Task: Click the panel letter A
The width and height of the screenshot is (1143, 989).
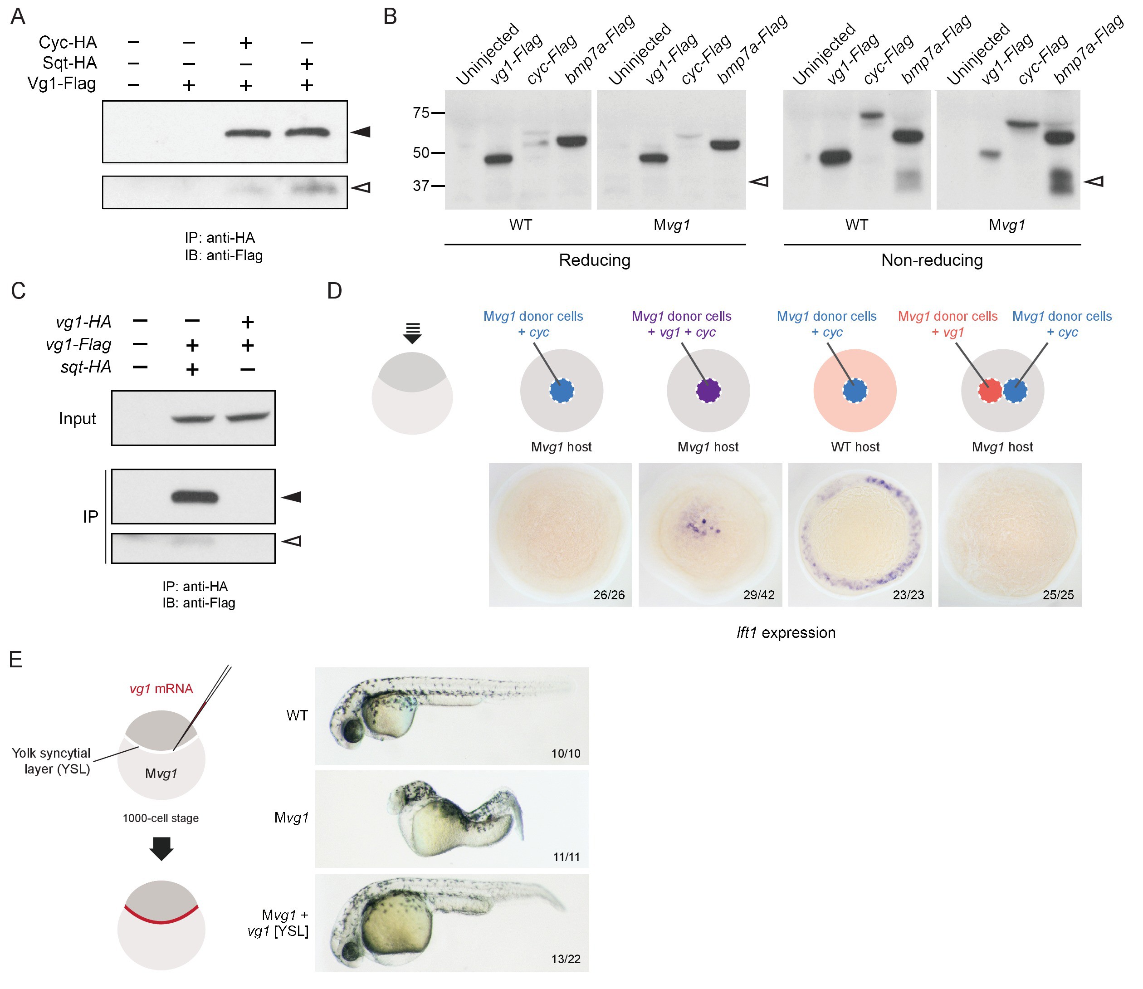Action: pyautogui.click(x=18, y=16)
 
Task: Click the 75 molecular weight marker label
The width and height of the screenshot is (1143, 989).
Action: pyautogui.click(x=421, y=113)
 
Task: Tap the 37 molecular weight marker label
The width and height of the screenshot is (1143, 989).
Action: pyautogui.click(x=421, y=186)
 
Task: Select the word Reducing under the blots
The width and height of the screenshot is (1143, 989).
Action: pyautogui.click(x=594, y=260)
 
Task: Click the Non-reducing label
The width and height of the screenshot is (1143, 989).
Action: pyautogui.click(x=932, y=260)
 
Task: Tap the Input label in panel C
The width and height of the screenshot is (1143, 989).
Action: pyautogui.click(x=77, y=419)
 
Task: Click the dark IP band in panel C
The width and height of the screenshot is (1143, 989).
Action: pyautogui.click(x=195, y=497)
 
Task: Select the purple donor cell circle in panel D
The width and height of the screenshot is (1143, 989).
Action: pyautogui.click(x=708, y=391)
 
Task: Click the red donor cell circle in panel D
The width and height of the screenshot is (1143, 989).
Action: pyautogui.click(x=990, y=391)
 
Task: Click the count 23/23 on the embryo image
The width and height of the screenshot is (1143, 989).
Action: pyautogui.click(x=908, y=595)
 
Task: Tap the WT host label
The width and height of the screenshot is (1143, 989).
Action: pyautogui.click(x=855, y=447)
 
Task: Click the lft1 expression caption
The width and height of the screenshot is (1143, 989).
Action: pyautogui.click(x=786, y=632)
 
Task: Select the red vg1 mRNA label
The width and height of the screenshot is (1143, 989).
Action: pyautogui.click(x=161, y=689)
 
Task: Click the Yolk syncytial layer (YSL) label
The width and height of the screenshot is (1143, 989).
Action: pyautogui.click(x=51, y=761)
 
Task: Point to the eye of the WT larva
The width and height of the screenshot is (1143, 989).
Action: pyautogui.click(x=351, y=733)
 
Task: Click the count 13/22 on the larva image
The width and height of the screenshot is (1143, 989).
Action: pyautogui.click(x=566, y=959)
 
